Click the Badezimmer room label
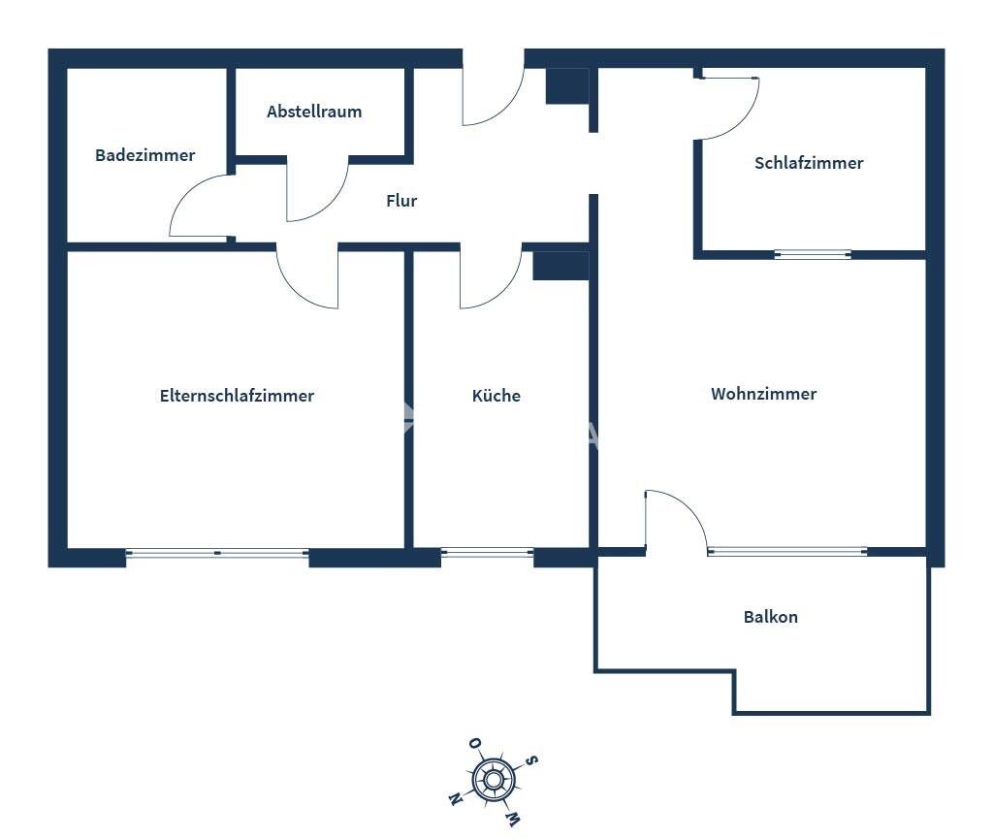coord(145,155)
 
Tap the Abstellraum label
coord(314,112)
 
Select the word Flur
coord(401,201)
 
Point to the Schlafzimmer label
coord(809,163)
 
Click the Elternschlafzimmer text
coord(237,396)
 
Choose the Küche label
coord(496,396)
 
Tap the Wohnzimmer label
coord(764,394)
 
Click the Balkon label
coord(771,617)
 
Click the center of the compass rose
coord(493,779)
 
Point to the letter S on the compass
coord(531,761)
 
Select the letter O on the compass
coord(475,743)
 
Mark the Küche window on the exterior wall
coord(487,553)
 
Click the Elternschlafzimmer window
coord(217,553)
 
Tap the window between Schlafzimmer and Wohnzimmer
coord(813,254)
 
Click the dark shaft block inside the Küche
coord(561,266)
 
